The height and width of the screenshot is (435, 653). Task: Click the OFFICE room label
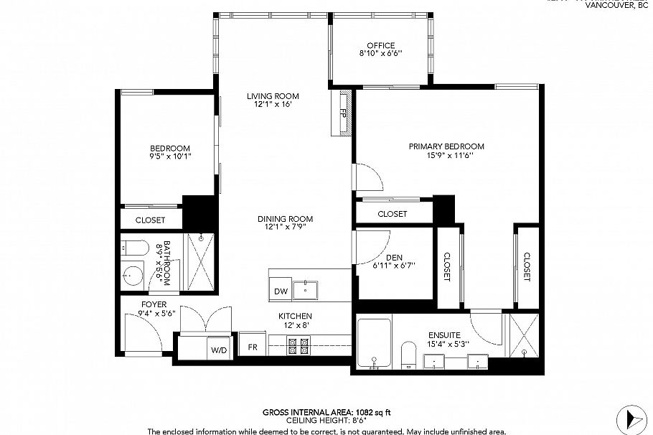pos(380,45)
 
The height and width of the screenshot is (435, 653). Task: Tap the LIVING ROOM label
pos(273,96)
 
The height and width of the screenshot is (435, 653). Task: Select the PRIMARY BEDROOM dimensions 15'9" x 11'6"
pos(446,156)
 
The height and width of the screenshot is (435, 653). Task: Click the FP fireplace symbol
pos(343,113)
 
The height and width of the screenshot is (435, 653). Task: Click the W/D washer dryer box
pos(218,350)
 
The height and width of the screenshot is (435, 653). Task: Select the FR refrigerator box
pos(253,346)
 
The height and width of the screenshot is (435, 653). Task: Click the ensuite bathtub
pos(374,343)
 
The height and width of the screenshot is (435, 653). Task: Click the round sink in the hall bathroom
pos(131,274)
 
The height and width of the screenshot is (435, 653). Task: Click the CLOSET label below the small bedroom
pos(150,220)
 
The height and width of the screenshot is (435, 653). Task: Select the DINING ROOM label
pos(286,219)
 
